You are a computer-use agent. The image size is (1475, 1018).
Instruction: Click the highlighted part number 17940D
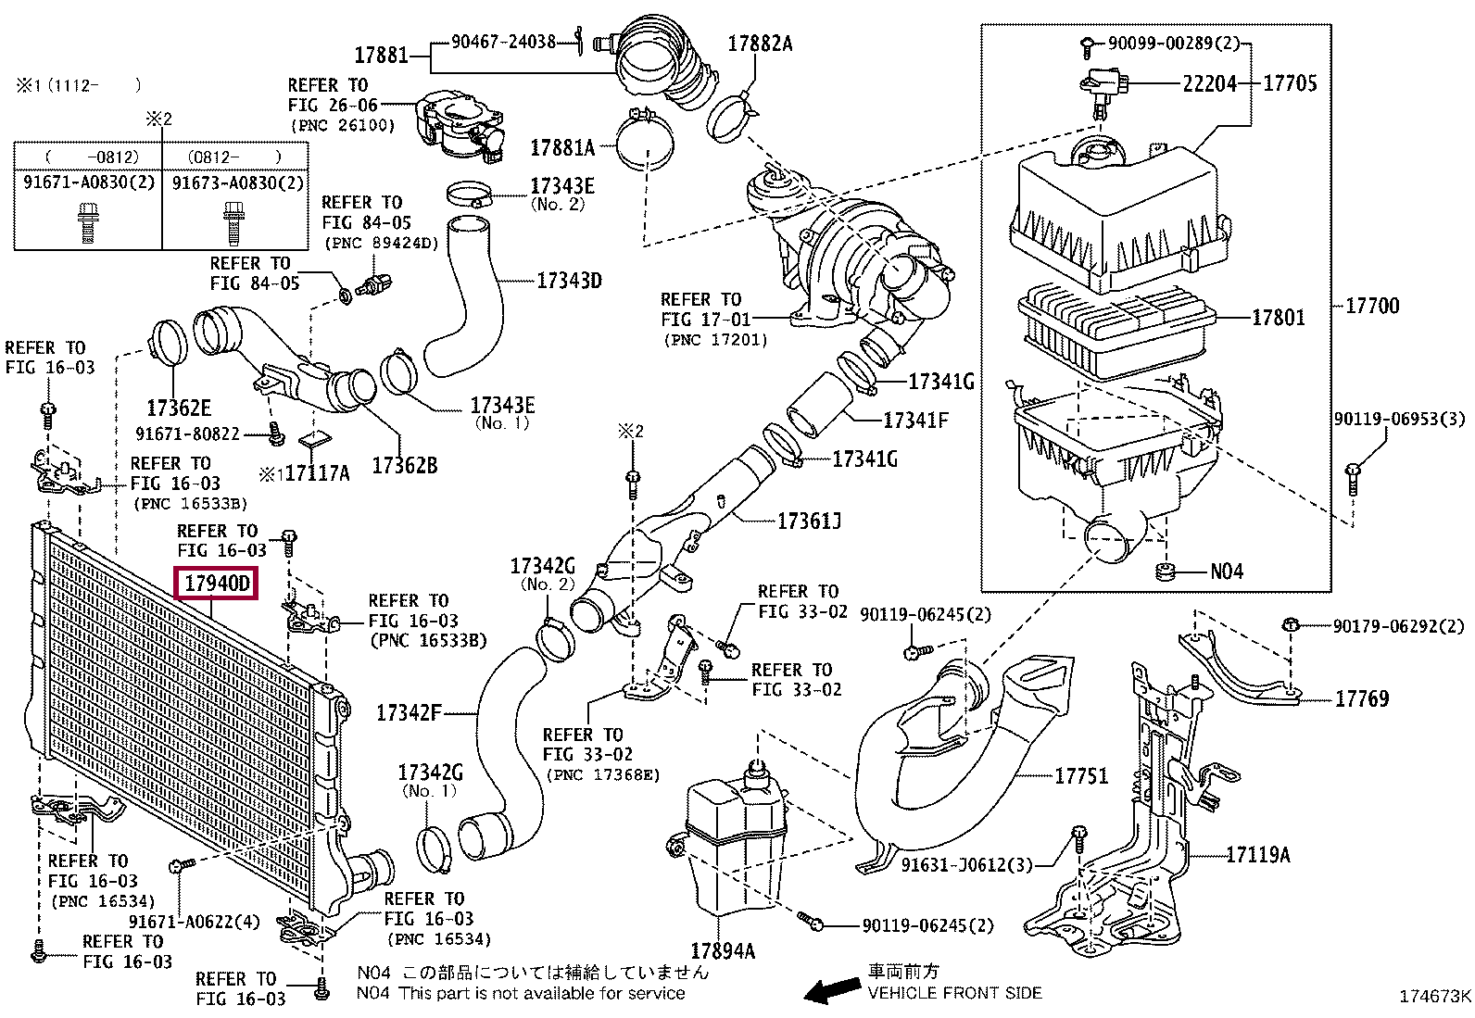[217, 584]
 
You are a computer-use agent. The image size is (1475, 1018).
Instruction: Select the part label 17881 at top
[381, 56]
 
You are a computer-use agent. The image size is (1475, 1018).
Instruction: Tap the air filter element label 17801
[1278, 318]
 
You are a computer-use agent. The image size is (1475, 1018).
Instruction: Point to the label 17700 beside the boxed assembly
[1372, 306]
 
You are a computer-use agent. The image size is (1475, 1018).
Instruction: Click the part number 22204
[1209, 84]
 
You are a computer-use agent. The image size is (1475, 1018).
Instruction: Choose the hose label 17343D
[569, 281]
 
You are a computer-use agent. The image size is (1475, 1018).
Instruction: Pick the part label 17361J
[809, 522]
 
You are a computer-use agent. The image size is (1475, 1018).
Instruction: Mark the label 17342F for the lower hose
[409, 713]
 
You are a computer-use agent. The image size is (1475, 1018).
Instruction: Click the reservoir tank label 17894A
[723, 951]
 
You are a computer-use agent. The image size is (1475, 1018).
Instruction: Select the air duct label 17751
[1081, 776]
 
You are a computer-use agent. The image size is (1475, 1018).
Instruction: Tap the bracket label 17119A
[1257, 855]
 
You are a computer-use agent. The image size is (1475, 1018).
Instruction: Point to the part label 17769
[1361, 699]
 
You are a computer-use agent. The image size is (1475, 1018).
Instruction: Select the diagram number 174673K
[1434, 998]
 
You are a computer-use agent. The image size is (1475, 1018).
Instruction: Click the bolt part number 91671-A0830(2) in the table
[89, 183]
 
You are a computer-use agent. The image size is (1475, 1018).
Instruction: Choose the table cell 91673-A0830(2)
[238, 183]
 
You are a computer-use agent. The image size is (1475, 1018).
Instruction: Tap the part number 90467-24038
[503, 42]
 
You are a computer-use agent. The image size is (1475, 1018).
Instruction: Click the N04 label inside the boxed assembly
[1227, 572]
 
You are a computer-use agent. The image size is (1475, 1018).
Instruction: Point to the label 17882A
[760, 44]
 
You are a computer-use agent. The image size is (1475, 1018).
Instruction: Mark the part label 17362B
[404, 466]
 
